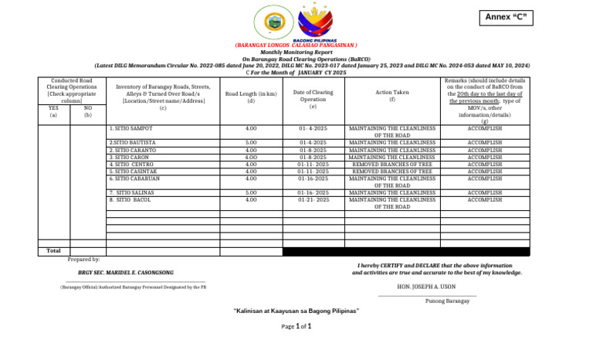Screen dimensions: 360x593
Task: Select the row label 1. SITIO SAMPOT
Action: (x=131, y=128)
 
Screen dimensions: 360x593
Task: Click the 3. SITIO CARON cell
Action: (x=130, y=157)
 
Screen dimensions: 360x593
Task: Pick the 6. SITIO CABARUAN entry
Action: (x=136, y=178)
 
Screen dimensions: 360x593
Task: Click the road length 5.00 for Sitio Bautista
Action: (x=251, y=143)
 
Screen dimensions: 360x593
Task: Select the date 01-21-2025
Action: (x=313, y=200)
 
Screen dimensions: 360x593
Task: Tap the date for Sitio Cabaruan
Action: (x=313, y=178)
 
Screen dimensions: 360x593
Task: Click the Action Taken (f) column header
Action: (x=392, y=96)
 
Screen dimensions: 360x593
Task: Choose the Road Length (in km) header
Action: (x=251, y=97)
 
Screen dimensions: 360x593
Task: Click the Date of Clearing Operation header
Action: (x=313, y=97)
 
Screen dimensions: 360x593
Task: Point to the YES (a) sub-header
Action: (x=53, y=112)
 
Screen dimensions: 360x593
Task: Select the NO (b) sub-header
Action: (x=87, y=112)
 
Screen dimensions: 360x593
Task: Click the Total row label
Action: (x=53, y=251)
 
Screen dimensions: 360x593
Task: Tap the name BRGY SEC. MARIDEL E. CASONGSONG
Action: (x=126, y=273)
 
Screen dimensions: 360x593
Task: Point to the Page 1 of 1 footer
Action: (x=296, y=327)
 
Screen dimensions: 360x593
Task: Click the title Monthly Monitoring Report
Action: (x=296, y=53)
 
